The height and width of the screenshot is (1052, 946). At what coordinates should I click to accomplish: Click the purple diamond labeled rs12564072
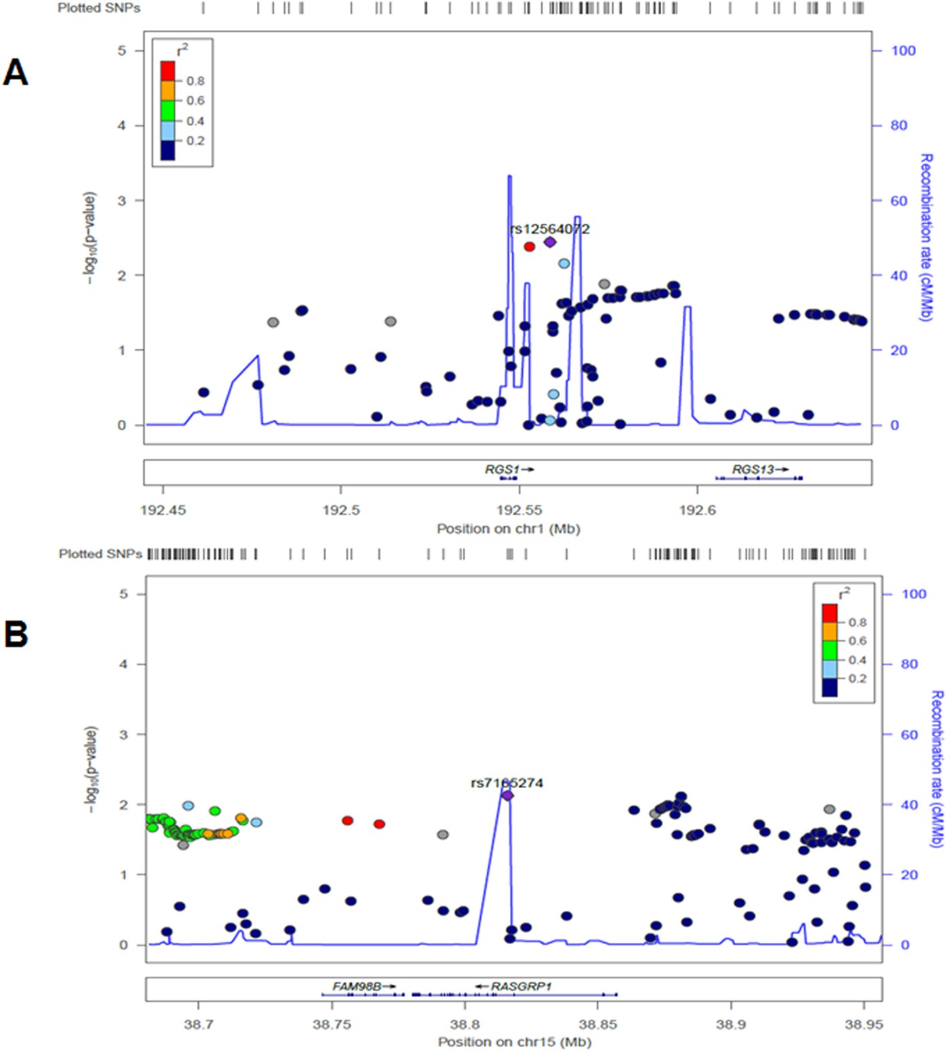coord(550,242)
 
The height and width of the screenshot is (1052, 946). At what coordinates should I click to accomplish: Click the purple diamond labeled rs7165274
coord(507,795)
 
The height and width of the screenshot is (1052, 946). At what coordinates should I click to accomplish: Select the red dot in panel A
coord(529,247)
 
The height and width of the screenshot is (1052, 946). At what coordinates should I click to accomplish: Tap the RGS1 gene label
coord(502,469)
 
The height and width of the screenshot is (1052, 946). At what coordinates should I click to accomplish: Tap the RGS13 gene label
coord(753,469)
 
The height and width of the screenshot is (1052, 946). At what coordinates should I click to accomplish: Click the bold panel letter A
coord(16,72)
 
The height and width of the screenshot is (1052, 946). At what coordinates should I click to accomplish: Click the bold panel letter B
coord(16,634)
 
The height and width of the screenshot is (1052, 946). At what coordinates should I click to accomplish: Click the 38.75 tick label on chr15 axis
coord(332,1024)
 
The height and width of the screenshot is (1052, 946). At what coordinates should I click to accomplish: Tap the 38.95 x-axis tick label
coord(864,1024)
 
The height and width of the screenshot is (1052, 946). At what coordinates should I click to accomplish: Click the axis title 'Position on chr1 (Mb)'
coord(508,528)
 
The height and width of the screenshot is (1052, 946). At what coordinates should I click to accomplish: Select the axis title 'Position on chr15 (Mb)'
coord(514,1042)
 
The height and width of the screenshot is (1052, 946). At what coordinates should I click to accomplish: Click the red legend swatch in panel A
coord(167,71)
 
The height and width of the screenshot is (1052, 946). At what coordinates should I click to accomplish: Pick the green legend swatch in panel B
coord(829,650)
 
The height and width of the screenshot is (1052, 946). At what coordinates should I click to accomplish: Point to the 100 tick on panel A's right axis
coord(903,51)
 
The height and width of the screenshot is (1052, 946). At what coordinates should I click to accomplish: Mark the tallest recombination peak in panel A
coord(509,176)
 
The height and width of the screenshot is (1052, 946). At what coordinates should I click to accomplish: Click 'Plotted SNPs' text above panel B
coord(100,554)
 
